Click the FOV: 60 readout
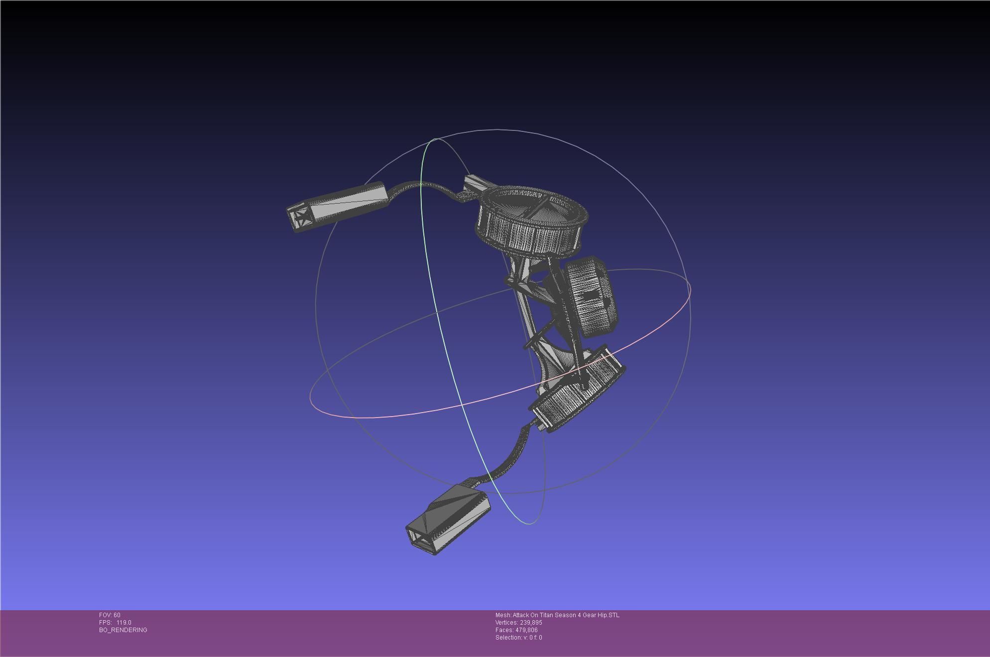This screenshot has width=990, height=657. point(110,615)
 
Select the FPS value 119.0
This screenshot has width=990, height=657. point(124,623)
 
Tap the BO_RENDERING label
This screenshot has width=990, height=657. point(123,630)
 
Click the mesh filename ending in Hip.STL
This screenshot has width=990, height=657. point(557,615)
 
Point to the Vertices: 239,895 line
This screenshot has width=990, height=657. point(518,623)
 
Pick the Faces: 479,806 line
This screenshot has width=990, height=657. point(516,630)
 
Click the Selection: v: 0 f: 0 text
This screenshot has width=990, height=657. point(518,638)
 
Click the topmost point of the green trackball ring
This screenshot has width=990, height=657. point(436,139)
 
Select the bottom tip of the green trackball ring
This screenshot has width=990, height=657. point(529,524)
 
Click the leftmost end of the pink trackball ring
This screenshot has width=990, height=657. point(311,398)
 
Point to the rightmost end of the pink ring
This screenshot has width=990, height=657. point(691,288)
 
